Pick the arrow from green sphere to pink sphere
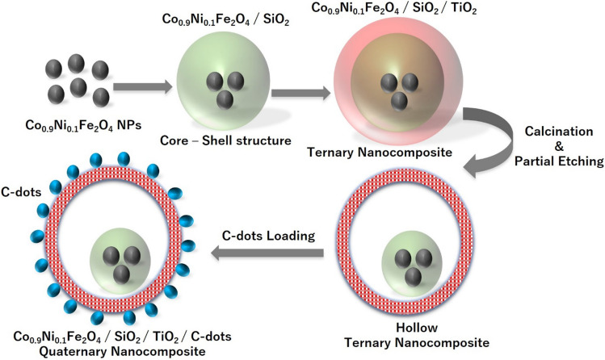coord(298,94)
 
